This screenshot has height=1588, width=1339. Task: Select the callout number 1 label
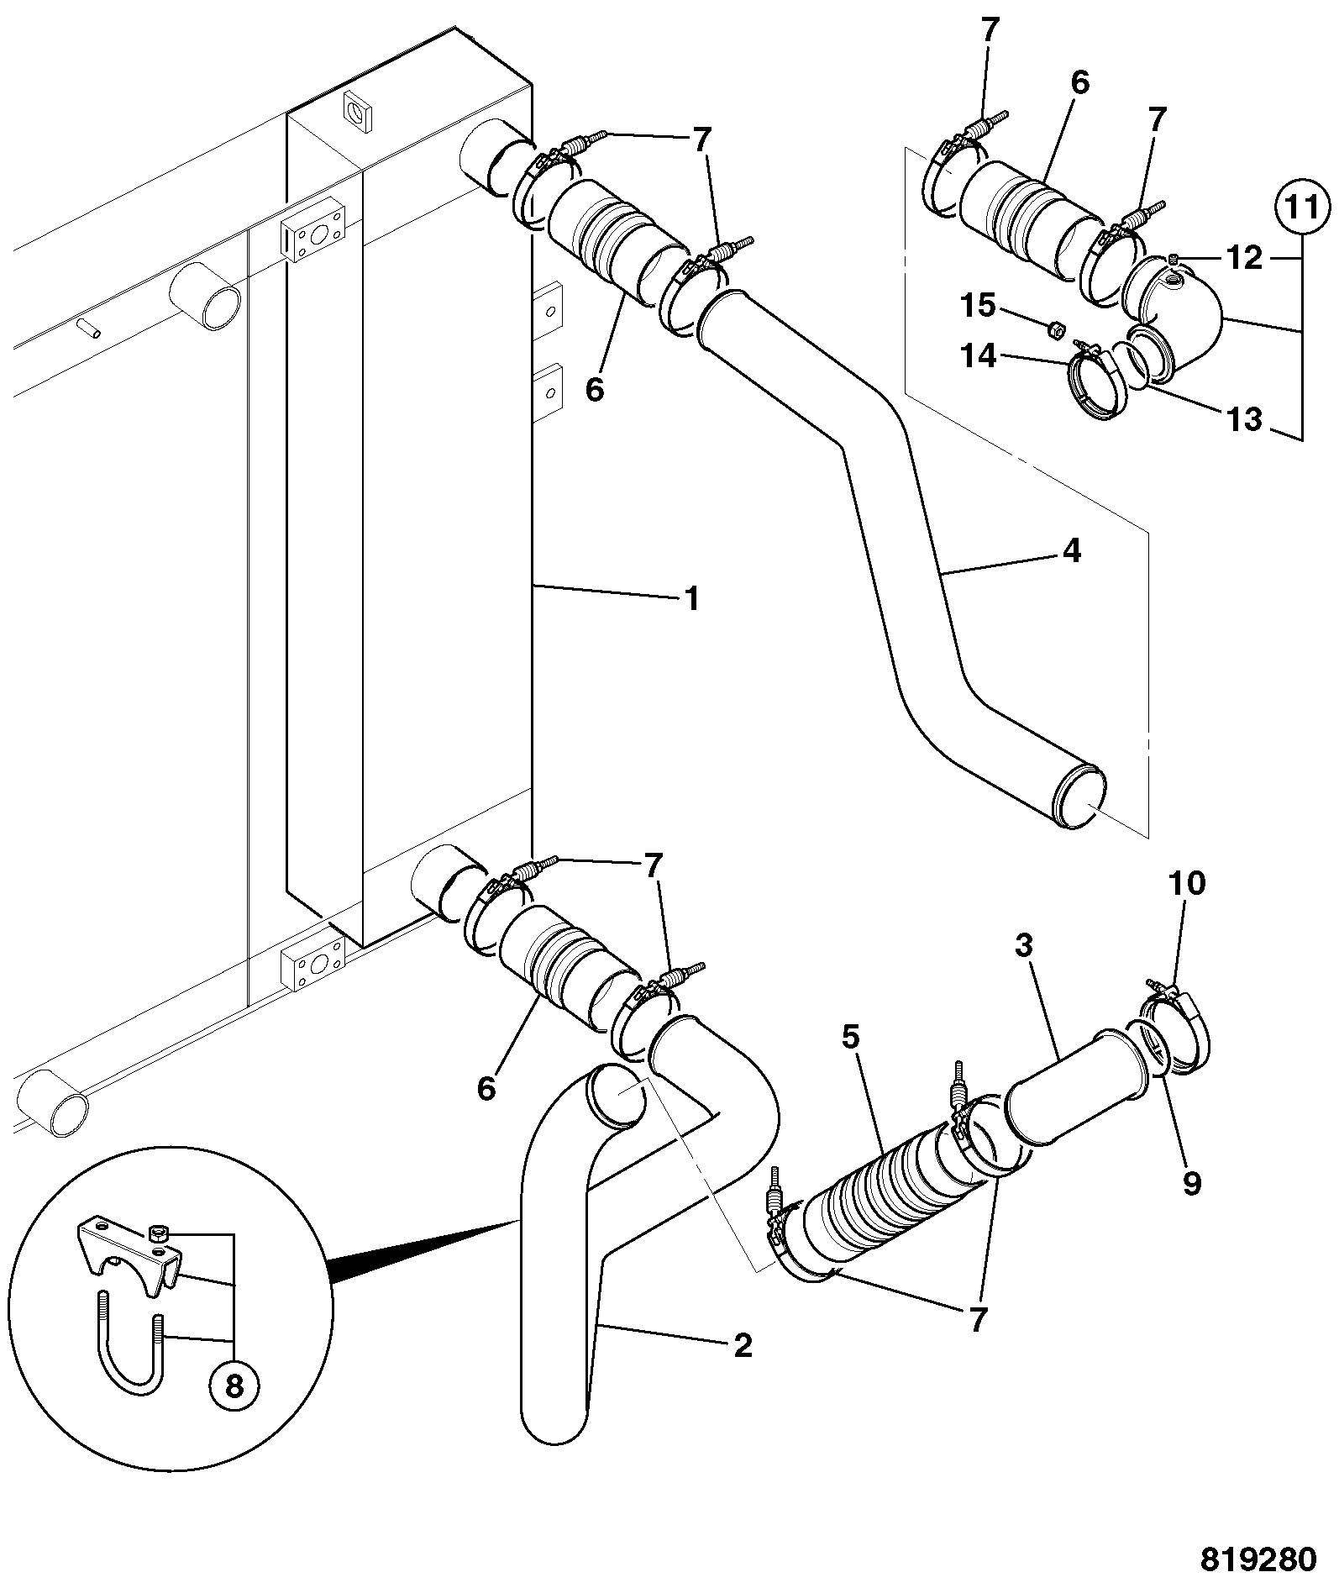[691, 599]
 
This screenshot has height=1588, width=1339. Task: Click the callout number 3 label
[1023, 946]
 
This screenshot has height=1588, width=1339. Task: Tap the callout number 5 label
[851, 1038]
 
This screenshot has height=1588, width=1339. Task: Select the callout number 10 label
[1186, 883]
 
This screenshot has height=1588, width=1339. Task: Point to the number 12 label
[1245, 258]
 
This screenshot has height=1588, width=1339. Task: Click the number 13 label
[1245, 418]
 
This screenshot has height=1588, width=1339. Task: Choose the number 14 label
[979, 356]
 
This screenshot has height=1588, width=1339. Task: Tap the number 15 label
[979, 305]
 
